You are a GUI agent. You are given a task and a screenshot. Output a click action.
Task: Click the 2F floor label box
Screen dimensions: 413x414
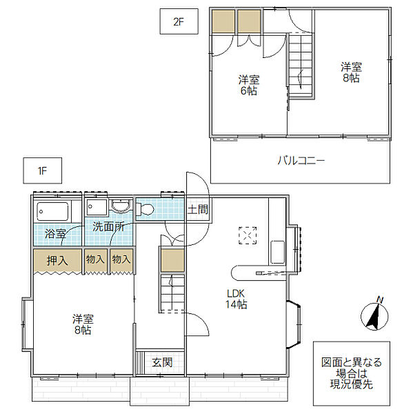(179, 21)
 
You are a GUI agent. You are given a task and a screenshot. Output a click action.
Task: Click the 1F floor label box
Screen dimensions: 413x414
(43, 170)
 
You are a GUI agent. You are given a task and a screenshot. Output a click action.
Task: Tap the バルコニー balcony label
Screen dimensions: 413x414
(301, 160)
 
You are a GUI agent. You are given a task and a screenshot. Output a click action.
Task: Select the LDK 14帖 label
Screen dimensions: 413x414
(236, 299)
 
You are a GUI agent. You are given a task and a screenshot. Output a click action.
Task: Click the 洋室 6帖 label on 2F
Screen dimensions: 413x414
(249, 85)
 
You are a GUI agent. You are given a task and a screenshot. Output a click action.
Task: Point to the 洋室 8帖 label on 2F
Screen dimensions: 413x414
(351, 72)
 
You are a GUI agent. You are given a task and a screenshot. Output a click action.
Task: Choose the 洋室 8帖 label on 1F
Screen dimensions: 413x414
(83, 324)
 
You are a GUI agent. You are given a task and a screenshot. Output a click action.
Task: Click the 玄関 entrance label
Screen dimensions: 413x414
(162, 362)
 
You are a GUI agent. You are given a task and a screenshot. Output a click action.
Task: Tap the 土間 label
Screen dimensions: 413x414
(198, 209)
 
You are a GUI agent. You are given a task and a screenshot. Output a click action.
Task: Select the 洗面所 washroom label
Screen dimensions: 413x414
(108, 227)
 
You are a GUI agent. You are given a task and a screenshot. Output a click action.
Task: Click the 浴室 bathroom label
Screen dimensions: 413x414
(55, 234)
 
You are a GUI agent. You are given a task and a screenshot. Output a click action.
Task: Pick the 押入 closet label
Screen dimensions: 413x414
(57, 261)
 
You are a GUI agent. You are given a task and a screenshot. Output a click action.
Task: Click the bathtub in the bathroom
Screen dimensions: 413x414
(53, 211)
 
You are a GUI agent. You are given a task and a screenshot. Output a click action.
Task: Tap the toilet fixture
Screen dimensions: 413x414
(145, 210)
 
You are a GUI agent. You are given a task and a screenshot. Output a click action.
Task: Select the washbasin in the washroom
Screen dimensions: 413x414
(121, 206)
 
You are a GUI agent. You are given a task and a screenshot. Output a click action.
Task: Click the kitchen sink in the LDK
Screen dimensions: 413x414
(278, 252)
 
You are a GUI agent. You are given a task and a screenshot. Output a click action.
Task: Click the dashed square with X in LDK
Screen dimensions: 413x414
(248, 235)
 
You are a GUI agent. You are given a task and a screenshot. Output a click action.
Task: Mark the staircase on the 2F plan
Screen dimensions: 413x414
(301, 66)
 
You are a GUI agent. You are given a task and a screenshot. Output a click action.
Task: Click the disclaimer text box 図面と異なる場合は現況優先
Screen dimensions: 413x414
(352, 373)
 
